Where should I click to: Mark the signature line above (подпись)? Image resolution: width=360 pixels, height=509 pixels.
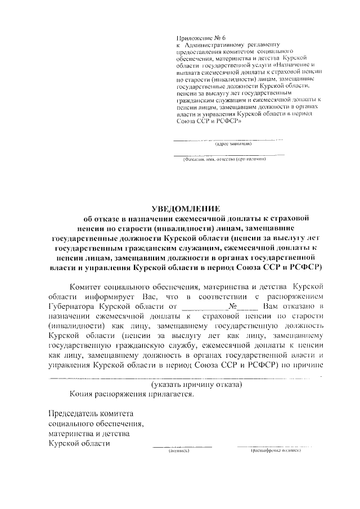tap(182, 447)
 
